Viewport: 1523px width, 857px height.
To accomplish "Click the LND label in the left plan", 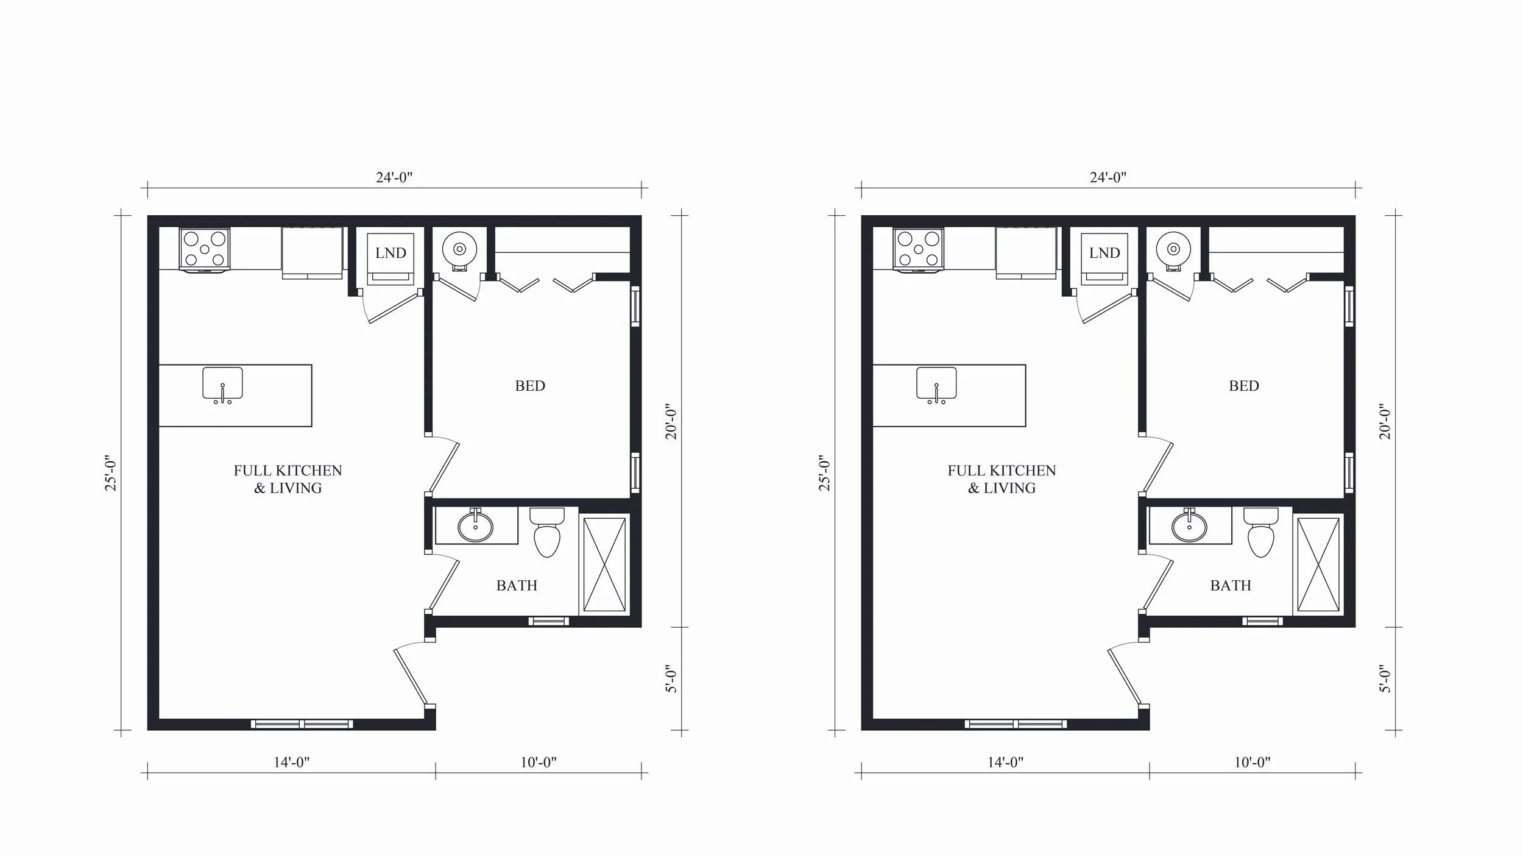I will click(390, 253).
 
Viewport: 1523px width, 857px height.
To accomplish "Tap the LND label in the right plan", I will click(1104, 253).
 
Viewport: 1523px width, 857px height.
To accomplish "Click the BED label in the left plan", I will click(530, 386).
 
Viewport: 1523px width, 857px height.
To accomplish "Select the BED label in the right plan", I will click(1244, 386).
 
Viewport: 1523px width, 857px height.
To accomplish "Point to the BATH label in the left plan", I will click(517, 586).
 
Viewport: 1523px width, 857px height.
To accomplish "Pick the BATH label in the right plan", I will click(1231, 586).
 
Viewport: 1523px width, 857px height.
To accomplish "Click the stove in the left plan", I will click(205, 249).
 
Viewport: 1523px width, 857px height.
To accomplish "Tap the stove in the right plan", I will click(919, 249).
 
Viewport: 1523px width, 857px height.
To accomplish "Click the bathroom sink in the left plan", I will click(475, 526).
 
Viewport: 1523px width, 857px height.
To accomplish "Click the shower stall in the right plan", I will click(1318, 564).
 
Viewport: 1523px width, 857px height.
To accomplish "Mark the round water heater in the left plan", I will click(460, 249).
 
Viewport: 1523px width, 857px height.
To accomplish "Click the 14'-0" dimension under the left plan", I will click(292, 763).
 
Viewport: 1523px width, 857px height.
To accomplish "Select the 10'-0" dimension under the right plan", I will click(1253, 763).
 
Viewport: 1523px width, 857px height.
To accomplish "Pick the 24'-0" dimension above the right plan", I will click(1108, 177).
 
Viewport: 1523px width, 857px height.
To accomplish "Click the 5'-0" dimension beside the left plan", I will click(671, 678).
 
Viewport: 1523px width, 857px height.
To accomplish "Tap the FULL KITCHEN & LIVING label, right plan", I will click(1002, 479).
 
